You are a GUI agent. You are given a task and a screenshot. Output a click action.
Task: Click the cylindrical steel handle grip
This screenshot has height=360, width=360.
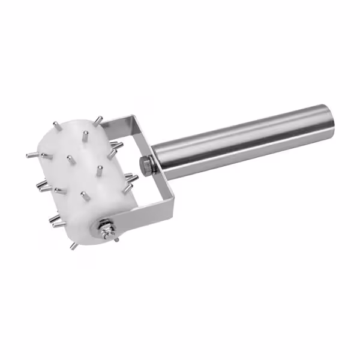click(240, 142)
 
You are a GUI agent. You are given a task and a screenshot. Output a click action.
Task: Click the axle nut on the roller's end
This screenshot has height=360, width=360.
click(106, 229)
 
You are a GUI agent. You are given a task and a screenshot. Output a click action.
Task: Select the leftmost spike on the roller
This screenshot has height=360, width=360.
click(30, 155)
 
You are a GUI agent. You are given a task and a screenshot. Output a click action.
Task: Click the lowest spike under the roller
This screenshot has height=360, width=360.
click(73, 246)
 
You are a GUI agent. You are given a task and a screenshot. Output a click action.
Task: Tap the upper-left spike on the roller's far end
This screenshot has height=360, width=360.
click(55, 125)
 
